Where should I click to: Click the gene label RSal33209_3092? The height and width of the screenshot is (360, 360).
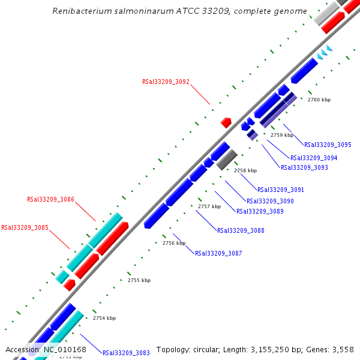[x=166, y=82]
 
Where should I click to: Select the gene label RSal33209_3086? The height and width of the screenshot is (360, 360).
[x=50, y=199]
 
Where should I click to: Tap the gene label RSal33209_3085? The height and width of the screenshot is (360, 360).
[x=25, y=227]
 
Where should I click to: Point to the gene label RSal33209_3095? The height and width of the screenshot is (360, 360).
[x=328, y=145]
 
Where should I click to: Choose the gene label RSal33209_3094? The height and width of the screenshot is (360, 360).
[x=314, y=158]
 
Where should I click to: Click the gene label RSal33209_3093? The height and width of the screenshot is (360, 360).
[x=304, y=167]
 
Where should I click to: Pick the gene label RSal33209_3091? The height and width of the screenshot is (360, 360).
[x=280, y=190]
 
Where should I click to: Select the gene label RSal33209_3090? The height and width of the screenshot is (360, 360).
[x=270, y=201]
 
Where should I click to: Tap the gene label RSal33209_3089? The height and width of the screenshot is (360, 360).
[x=260, y=211]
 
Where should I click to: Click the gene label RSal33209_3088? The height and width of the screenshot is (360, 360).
[x=241, y=230]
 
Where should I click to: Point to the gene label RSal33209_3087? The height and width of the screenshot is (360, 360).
[x=218, y=253]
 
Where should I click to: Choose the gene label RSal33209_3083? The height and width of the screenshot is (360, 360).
[x=126, y=353]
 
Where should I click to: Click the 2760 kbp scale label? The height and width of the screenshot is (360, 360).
[x=319, y=100]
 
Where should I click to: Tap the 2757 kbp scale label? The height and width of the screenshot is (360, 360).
[x=209, y=206]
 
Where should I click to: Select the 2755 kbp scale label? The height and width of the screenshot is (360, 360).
[x=139, y=280]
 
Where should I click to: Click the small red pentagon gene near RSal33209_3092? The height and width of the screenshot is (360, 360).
[x=226, y=122]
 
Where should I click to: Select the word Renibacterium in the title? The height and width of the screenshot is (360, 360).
[x=80, y=11]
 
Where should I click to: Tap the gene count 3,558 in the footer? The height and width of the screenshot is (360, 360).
[x=342, y=350]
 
